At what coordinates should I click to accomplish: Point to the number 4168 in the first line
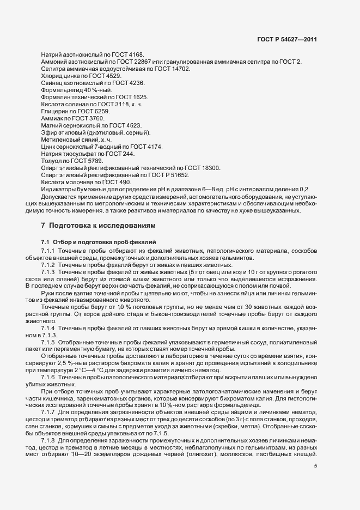coord(135,55)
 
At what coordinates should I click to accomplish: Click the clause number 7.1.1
coord(48,250)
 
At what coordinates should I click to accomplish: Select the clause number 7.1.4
coord(48,329)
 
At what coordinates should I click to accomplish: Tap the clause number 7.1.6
coord(48,378)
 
